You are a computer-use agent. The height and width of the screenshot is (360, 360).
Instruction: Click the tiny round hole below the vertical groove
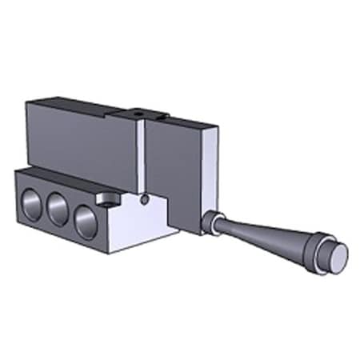(x=143, y=199)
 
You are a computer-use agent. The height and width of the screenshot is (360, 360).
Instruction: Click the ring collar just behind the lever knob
(x=318, y=250)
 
